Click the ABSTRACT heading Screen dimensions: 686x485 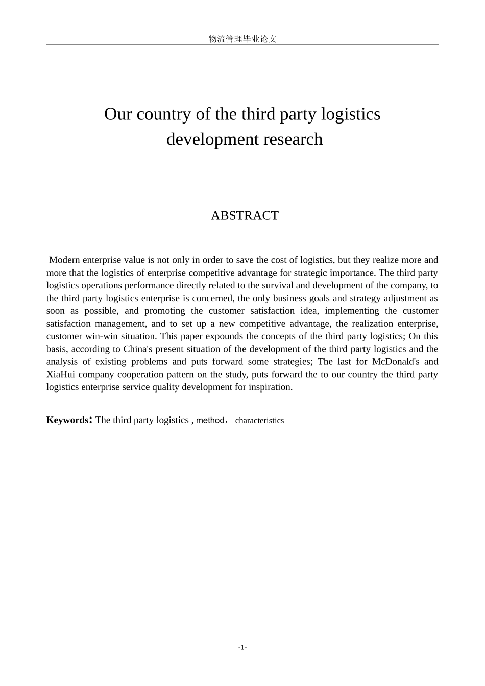tap(245, 216)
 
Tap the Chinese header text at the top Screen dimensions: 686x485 tap(243, 39)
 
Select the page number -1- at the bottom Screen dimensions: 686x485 tap(243, 648)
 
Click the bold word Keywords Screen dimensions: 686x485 tap(67, 420)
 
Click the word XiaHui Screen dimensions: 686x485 tap(61, 375)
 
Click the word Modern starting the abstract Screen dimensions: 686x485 tap(64, 260)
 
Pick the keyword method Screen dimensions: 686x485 tap(210, 421)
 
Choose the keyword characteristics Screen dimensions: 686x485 tap(259, 421)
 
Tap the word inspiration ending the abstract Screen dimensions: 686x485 tap(271, 387)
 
